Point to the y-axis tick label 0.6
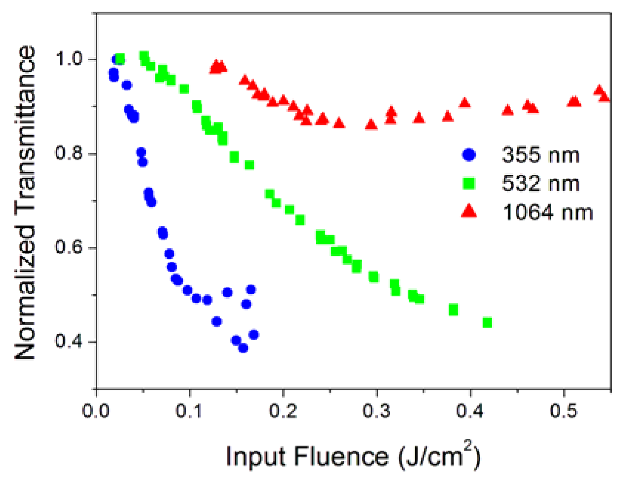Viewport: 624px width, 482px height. tap(69, 247)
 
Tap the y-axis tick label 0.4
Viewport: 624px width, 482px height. tap(69, 341)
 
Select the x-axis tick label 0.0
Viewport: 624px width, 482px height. tap(96, 411)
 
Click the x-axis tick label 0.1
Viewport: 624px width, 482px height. tap(190, 411)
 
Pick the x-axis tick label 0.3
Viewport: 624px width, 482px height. tap(376, 411)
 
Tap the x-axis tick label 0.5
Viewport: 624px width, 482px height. tap(563, 411)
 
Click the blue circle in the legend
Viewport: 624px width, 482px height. tap(469, 155)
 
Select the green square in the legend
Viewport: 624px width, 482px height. tap(469, 183)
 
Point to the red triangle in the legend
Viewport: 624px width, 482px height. tap(469, 212)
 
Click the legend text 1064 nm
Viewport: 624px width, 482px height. tap(548, 213)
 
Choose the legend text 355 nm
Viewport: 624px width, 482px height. tap(541, 155)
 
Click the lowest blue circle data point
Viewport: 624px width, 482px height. tap(243, 348)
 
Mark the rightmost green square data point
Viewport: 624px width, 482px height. tap(487, 323)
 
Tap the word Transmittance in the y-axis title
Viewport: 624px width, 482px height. tap(25, 133)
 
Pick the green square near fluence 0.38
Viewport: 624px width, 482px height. tap(453, 310)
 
